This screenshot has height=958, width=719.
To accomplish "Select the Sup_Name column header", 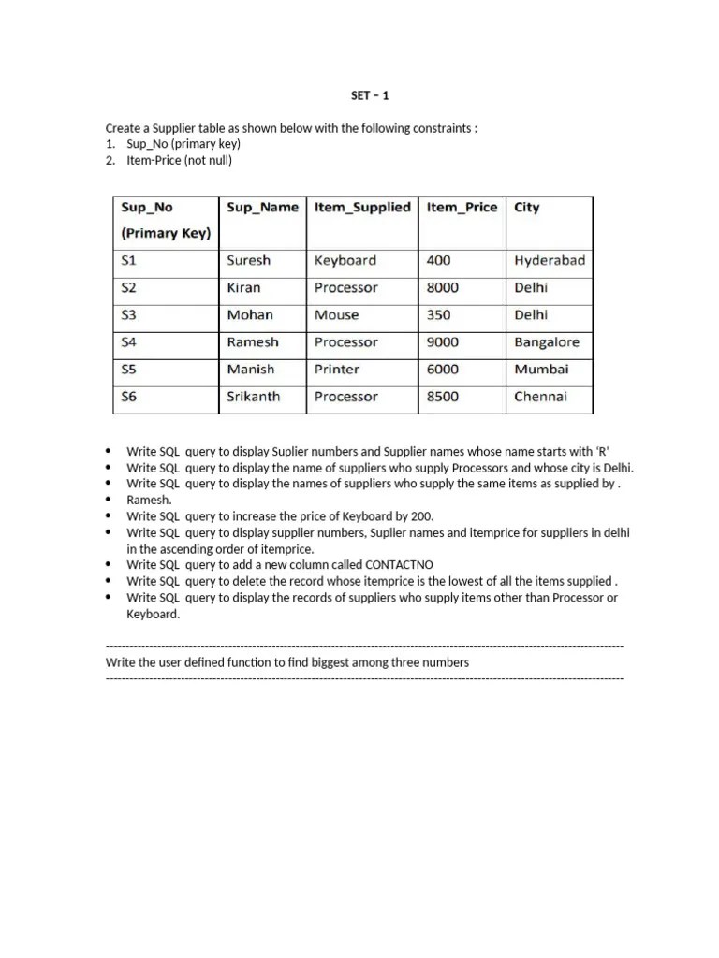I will tap(262, 208).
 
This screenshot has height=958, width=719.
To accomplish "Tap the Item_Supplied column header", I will tap(362, 208).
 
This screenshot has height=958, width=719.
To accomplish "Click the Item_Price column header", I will tap(462, 208).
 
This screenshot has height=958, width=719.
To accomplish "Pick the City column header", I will tap(527, 208).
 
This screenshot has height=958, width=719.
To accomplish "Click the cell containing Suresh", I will tap(248, 261).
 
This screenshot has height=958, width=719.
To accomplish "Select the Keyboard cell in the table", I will tap(345, 261).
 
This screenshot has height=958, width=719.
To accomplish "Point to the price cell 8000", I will tap(443, 288).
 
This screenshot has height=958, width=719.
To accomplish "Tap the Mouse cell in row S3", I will tap(336, 315).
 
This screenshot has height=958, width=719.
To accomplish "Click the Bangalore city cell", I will tap(547, 342).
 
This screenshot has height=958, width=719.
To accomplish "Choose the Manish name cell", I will tap(251, 370).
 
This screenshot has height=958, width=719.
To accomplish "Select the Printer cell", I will tap(337, 370).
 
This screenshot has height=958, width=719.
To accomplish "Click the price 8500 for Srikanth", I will tap(443, 397).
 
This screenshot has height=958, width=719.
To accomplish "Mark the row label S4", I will tap(129, 342).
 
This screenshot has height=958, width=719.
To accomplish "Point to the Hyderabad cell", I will tap(550, 261).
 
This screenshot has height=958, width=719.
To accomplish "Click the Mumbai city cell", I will tap(541, 370).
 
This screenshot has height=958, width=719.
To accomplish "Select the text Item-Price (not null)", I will tap(179, 160).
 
